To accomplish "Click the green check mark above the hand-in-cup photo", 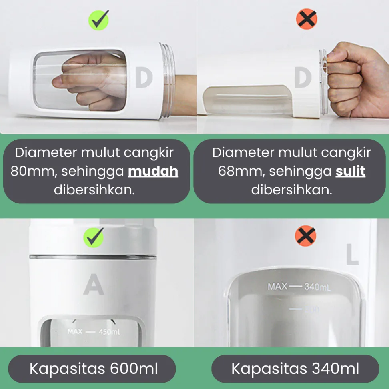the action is click(99, 20).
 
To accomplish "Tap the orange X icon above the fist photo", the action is click(307, 19).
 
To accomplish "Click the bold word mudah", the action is click(153, 171).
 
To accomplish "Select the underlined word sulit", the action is click(350, 171).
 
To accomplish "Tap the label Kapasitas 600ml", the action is click(94, 369).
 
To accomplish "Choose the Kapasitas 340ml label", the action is click(295, 369).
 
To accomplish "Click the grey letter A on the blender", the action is click(94, 284).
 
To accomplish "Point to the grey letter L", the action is click(352, 254).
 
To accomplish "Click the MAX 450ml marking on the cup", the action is click(94, 331).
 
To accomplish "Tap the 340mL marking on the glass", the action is click(317, 287).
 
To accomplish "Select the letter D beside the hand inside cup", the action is click(144, 78).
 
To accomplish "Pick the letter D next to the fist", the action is click(303, 78).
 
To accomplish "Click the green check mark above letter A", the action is click(94, 237).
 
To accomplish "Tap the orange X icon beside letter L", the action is click(305, 236).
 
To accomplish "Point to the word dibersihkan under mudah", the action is click(94, 190).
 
